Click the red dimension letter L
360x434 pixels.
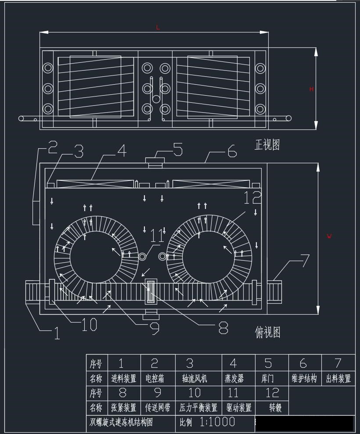point(158,28)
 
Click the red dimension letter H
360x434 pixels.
point(312,89)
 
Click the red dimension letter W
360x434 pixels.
point(329,237)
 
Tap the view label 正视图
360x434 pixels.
point(267,145)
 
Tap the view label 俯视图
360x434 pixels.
point(267,333)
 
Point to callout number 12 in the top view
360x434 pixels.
point(252,197)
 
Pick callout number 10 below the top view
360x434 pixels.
point(89,325)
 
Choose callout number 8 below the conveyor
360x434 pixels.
point(223,326)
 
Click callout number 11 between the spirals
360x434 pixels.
point(157,237)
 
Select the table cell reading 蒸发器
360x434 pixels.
point(234,378)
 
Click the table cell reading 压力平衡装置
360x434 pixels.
point(198,408)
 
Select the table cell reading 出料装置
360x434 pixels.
point(338,378)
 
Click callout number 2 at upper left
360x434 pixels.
point(53,147)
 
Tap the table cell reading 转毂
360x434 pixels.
point(275,408)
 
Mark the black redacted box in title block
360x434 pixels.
point(304,423)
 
